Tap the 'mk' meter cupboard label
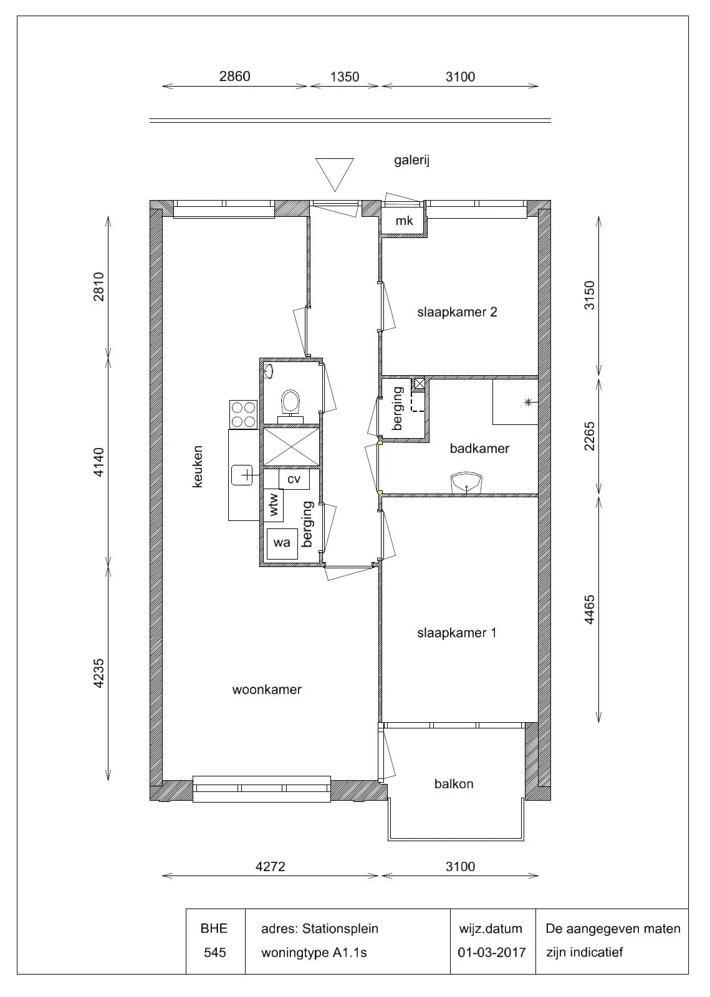tap(404, 221)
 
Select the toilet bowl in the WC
tap(290, 402)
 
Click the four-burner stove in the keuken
tap(244, 414)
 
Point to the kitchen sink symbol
tap(242, 475)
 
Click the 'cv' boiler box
tap(294, 479)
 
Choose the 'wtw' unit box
tap(274, 505)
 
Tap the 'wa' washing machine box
tap(282, 543)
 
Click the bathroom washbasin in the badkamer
tap(466, 484)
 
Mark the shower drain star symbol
tap(528, 403)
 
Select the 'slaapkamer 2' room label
tap(457, 312)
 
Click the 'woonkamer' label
tap(267, 689)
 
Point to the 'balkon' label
tap(454, 784)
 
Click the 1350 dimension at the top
tap(345, 77)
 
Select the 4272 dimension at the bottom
tap(270, 867)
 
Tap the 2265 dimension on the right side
tap(589, 436)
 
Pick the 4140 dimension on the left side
tap(98, 462)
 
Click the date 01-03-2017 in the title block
tap(492, 953)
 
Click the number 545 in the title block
tap(215, 953)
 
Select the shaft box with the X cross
tap(292, 446)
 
